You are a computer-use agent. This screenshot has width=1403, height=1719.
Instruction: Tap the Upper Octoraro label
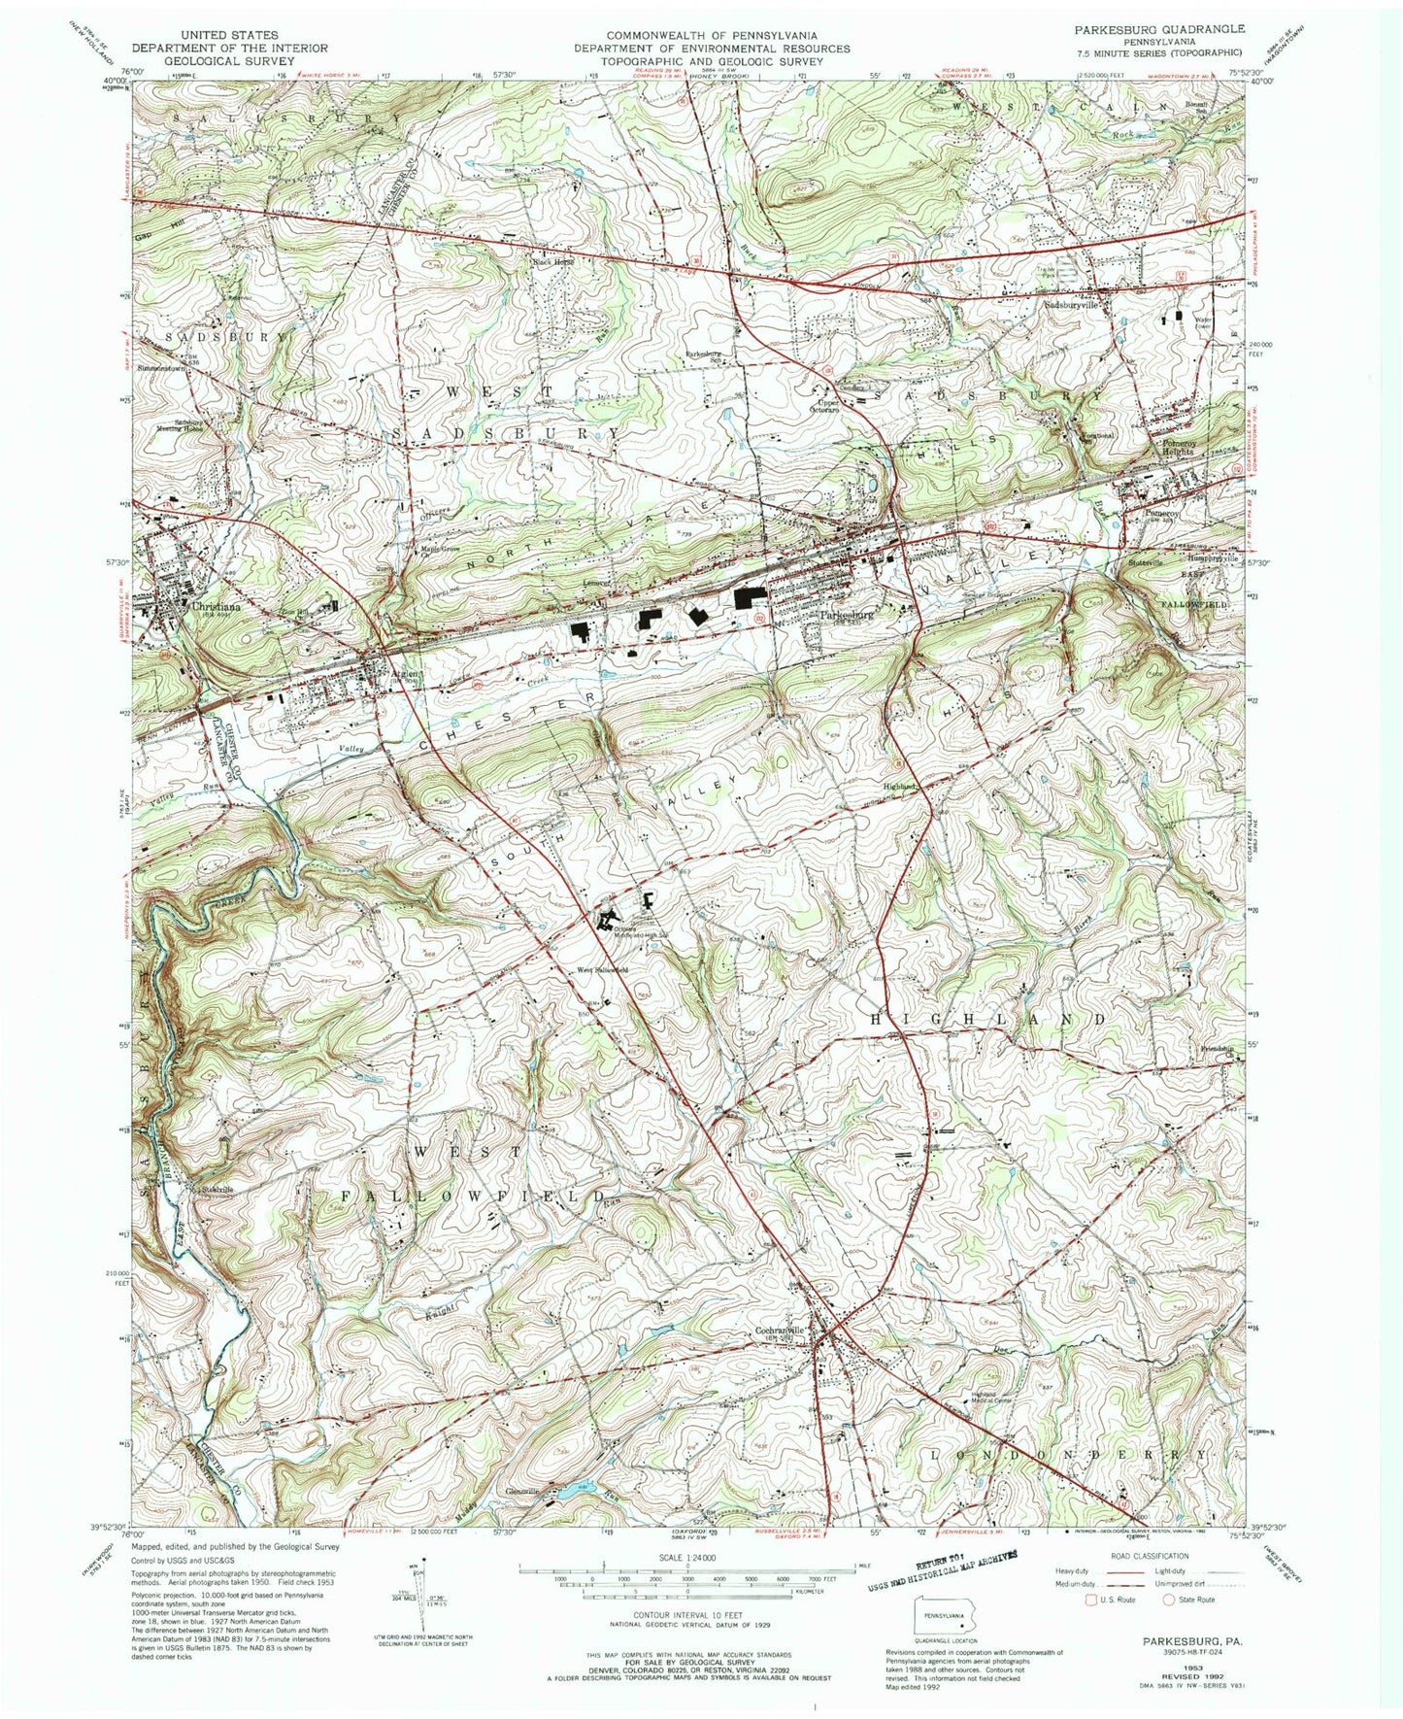(x=827, y=406)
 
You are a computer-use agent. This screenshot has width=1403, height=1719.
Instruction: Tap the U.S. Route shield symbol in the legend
(x=1091, y=1600)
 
